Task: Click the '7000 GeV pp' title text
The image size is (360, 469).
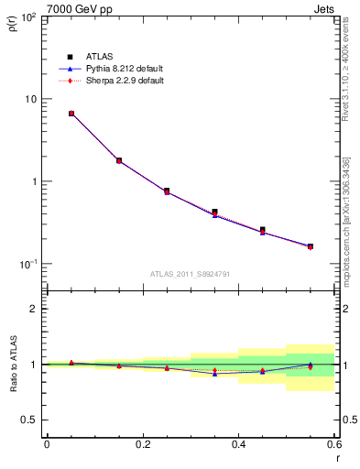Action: [x=72, y=9]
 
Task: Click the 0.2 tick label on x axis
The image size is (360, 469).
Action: [x=142, y=445]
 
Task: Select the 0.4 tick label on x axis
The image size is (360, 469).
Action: [x=238, y=445]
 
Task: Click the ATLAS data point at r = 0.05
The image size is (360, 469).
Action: [x=71, y=114]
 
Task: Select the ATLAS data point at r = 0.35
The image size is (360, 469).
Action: [x=214, y=212]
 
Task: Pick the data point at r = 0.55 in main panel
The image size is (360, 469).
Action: [x=311, y=246]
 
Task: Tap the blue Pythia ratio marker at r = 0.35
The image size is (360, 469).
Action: [x=214, y=374]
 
